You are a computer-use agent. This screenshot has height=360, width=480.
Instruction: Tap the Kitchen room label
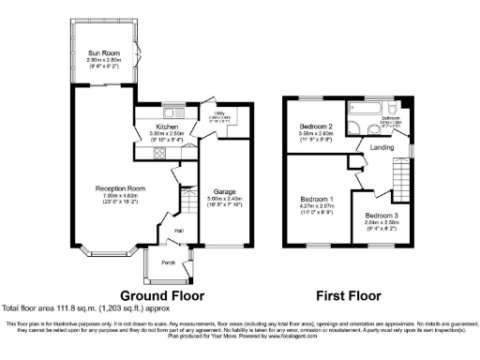point(167,126)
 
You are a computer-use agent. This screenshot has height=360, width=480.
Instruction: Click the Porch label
point(170,262)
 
